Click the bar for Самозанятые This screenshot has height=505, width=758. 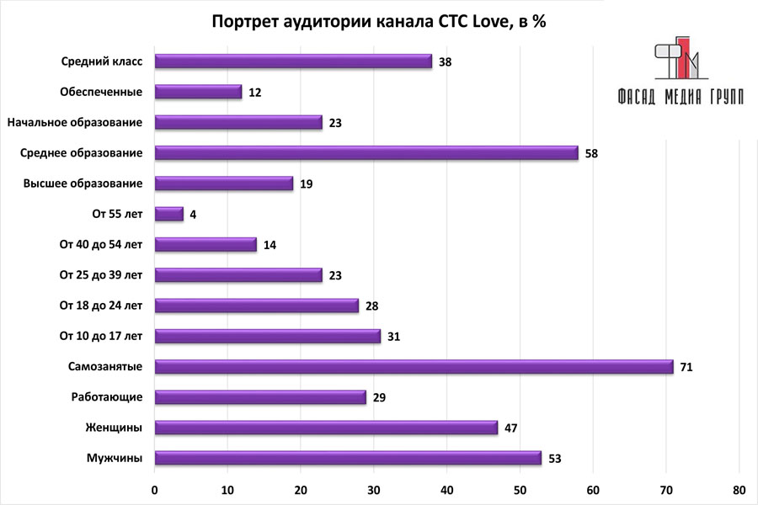(x=414, y=366)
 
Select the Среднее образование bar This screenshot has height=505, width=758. (x=367, y=152)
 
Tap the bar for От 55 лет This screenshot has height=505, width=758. (x=169, y=214)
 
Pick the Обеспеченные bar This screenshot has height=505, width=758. (x=199, y=92)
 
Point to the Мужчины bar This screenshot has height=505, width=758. (x=349, y=458)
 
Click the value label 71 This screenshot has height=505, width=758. (x=686, y=367)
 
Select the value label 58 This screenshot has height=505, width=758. (x=590, y=153)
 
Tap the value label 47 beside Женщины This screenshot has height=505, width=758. (x=510, y=428)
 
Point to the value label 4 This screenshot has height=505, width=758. (x=193, y=215)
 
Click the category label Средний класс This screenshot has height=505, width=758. (x=102, y=61)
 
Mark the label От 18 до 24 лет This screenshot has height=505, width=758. (x=101, y=306)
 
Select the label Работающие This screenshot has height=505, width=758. (x=114, y=397)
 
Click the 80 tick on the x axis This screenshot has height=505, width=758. (x=739, y=490)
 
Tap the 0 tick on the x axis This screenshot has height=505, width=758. (x=156, y=490)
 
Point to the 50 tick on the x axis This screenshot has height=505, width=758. (x=520, y=490)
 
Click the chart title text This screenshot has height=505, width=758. (x=378, y=22)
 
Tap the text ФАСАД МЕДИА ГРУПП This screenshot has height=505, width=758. (x=680, y=96)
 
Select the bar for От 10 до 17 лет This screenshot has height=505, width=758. (x=268, y=336)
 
